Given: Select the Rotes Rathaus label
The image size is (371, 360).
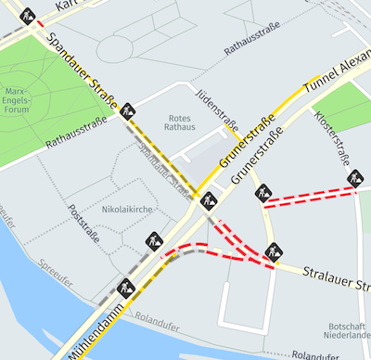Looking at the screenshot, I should coord(178,122).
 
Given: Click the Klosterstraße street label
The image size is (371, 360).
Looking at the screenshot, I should coord(332,136).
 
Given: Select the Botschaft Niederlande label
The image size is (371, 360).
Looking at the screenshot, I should coord(348,331).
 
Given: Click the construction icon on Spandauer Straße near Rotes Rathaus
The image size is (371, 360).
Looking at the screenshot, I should coord(127,109).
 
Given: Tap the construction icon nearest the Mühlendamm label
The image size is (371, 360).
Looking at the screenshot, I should coord(128,286).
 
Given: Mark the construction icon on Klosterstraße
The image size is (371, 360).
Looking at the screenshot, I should coord(354,176).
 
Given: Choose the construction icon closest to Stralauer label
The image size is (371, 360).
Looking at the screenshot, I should coord(273,251).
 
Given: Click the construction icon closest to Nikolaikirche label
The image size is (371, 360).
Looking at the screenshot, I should coord(153,241).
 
